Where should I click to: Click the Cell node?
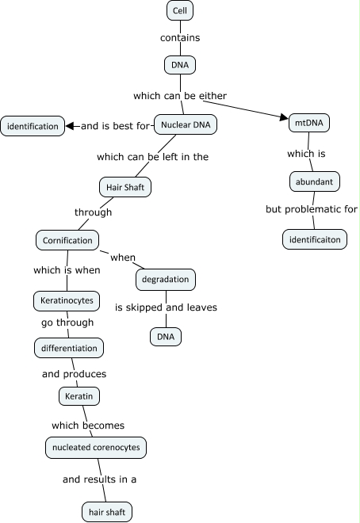point(180,11)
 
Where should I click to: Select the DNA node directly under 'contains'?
point(179,64)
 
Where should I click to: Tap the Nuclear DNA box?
point(185,125)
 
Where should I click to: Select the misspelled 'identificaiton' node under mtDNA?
point(315,239)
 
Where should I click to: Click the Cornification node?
point(67,239)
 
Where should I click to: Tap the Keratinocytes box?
point(67,301)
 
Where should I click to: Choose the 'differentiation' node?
point(69,347)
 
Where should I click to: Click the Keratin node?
point(79,395)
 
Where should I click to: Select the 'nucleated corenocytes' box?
point(96,448)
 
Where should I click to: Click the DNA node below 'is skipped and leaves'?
point(166,337)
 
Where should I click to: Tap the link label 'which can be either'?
point(180,96)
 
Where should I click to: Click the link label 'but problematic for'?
point(312,210)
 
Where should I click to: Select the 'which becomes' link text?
point(88,426)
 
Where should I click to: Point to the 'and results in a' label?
point(100,479)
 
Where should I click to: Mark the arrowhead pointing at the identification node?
point(71,126)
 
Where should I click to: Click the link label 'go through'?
point(67,323)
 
